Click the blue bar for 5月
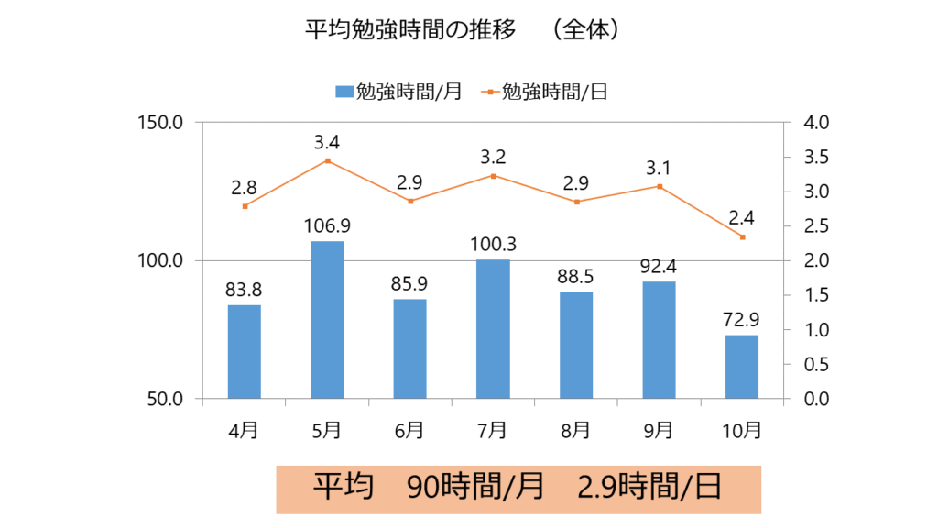coord(327,320)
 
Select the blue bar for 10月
coord(741,367)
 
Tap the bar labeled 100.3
coord(493,329)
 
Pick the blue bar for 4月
coord(245,352)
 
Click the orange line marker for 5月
coord(327,161)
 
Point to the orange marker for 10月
coord(742,237)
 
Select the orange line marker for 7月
coord(493,176)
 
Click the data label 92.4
coord(659,269)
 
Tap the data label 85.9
coord(410,287)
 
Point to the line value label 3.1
coord(659,168)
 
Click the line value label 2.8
coord(244,187)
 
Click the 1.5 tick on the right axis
coord(813,295)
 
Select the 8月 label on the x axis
coord(575,428)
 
